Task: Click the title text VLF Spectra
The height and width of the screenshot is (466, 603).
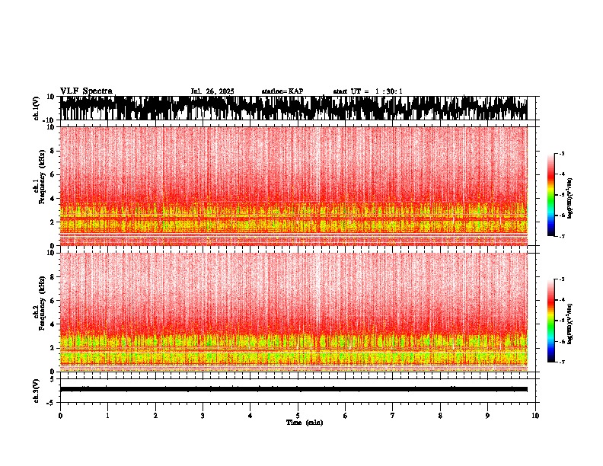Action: [86, 91]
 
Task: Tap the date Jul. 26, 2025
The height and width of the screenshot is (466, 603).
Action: [212, 91]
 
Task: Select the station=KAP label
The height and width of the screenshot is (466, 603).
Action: [282, 91]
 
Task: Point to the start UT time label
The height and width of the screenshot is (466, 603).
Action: [368, 91]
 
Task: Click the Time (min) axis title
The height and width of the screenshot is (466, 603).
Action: [304, 423]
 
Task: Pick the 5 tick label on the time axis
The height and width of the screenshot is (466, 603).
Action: [298, 416]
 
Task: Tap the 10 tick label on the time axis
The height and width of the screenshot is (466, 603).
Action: [535, 416]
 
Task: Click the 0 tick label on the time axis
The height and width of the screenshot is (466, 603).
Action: [60, 416]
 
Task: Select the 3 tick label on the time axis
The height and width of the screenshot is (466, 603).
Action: [203, 416]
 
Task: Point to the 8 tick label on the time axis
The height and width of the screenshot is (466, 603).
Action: [440, 416]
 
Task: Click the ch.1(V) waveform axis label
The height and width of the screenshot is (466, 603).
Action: [37, 108]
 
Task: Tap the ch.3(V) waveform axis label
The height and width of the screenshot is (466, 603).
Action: [37, 389]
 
